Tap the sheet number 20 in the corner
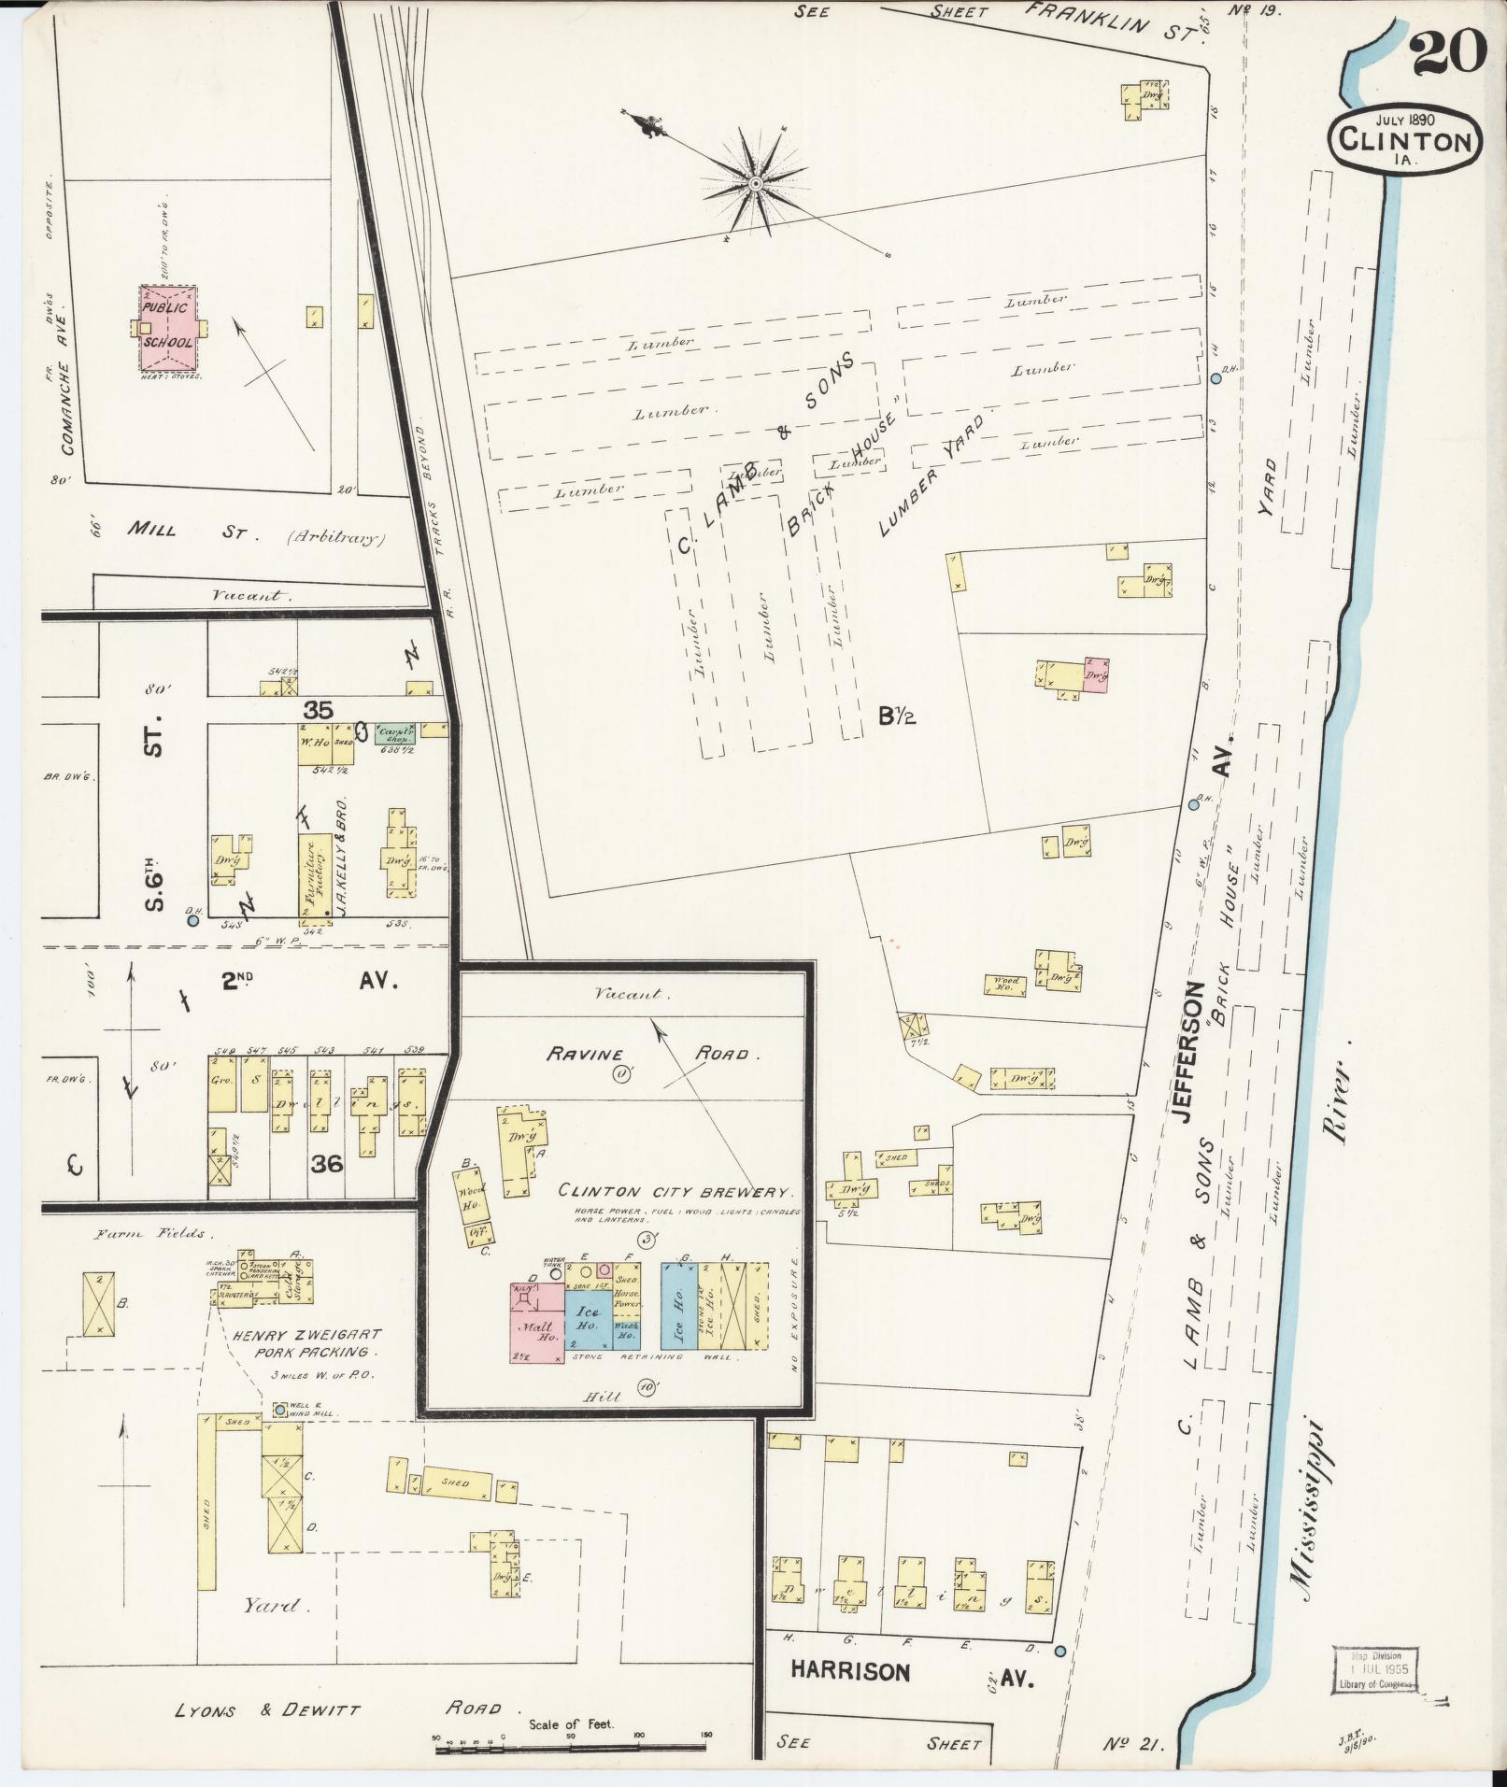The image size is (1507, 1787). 1448,51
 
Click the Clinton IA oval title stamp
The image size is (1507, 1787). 1405,140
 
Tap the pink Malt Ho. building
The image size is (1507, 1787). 536,1326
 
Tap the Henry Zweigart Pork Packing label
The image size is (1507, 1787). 306,1343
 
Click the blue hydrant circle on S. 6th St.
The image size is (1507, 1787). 193,920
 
